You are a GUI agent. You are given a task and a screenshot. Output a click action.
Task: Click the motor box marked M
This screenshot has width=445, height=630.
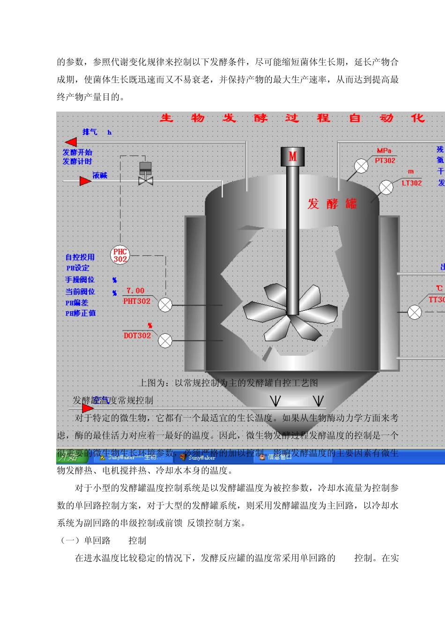point(292,156)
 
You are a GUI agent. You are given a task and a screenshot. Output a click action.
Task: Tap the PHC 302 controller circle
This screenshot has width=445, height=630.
point(120,255)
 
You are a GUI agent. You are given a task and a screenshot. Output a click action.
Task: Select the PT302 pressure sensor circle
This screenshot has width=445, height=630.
point(361,166)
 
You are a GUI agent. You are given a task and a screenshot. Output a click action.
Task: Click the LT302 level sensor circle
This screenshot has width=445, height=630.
point(386,187)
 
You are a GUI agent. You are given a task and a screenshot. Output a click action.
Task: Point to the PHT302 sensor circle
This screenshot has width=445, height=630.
point(165,305)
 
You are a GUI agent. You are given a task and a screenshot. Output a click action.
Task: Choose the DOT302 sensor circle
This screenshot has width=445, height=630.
point(165,340)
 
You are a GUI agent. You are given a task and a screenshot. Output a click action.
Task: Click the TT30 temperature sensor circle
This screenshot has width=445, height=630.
point(415,312)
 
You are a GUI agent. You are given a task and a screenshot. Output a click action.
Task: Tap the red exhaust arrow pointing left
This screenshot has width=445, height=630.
point(71,142)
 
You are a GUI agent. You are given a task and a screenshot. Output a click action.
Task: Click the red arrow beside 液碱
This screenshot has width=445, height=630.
point(85,181)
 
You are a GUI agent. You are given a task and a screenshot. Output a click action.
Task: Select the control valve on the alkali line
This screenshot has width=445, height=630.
point(146,180)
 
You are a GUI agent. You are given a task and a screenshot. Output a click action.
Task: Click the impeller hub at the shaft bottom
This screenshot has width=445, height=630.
point(292,315)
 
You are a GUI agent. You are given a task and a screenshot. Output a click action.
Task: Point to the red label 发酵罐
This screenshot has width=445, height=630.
point(332,203)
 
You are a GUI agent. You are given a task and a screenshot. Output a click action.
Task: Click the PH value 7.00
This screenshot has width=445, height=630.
point(135,291)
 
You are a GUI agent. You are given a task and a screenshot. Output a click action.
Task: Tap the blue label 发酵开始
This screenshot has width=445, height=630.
point(77,152)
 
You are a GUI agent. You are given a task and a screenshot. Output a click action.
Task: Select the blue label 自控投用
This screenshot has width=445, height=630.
point(80,257)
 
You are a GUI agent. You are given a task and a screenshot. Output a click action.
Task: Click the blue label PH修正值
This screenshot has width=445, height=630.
point(80,313)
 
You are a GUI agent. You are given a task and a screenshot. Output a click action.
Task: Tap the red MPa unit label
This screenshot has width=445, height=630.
point(384,150)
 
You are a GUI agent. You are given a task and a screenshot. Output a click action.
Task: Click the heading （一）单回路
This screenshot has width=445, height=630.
point(85,540)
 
